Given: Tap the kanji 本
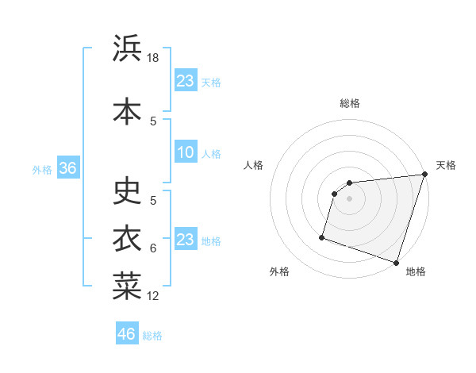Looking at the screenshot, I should pyautogui.click(x=127, y=111).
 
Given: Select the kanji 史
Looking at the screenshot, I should pyautogui.click(x=127, y=190).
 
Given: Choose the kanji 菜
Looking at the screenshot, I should pyautogui.click(x=127, y=286).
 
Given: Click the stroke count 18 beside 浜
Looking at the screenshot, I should pyautogui.click(x=154, y=58).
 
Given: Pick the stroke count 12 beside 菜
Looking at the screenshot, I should pyautogui.click(x=153, y=296).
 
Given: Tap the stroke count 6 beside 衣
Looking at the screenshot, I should pyautogui.click(x=153, y=248).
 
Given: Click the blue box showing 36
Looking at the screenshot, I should pyautogui.click(x=67, y=168).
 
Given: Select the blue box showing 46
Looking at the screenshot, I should pyautogui.click(x=127, y=335).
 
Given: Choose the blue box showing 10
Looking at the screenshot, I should pyautogui.click(x=186, y=152).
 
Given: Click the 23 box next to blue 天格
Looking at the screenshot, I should pyautogui.click(x=186, y=81).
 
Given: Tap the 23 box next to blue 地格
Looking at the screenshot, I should pyautogui.click(x=186, y=240).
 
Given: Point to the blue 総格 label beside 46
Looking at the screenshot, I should pyautogui.click(x=152, y=336).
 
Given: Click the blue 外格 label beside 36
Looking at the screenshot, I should pyautogui.click(x=41, y=169).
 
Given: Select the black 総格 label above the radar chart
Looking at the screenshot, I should pyautogui.click(x=350, y=103).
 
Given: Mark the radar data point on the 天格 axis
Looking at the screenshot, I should pyautogui.click(x=424, y=175).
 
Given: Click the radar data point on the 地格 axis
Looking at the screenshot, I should pyautogui.click(x=396, y=262).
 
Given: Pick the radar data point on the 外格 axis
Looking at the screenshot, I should pyautogui.click(x=322, y=236).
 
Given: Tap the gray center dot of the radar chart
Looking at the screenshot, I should pyautogui.click(x=349, y=198).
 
